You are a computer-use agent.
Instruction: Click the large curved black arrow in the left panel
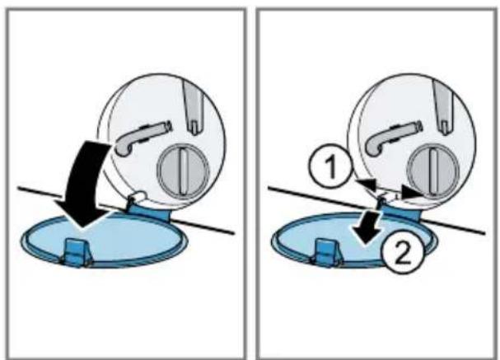(x=82, y=179)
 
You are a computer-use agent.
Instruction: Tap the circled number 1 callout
(x=330, y=166)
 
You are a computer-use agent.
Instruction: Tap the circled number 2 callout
(x=403, y=251)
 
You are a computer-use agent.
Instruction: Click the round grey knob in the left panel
(x=184, y=171)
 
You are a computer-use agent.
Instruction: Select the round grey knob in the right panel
(x=433, y=171)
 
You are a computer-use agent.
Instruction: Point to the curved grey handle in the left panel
(x=140, y=137)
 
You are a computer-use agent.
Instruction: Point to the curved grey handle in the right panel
(x=391, y=137)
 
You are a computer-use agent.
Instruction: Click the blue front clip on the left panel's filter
(x=77, y=253)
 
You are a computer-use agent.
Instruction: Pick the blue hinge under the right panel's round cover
(x=400, y=211)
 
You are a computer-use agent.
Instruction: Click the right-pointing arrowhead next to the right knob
(x=412, y=192)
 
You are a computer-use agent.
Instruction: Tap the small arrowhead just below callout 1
(x=367, y=185)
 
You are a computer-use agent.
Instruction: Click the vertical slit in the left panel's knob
(x=184, y=172)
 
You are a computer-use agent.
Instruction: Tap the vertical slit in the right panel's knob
(x=434, y=172)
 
